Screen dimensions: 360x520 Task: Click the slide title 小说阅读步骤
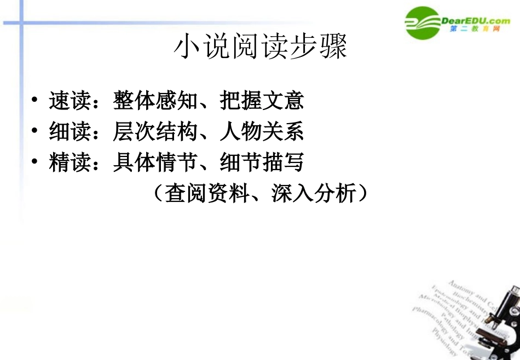(260, 48)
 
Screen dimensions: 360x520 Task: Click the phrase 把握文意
(262, 101)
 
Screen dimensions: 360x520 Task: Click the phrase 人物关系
(262, 132)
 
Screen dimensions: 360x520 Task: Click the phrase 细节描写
(262, 163)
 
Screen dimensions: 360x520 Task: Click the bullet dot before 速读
(35, 101)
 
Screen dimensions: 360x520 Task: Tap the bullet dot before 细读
(35, 132)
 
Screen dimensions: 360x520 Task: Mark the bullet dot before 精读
(35, 163)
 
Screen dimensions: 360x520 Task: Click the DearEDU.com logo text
(475, 20)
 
